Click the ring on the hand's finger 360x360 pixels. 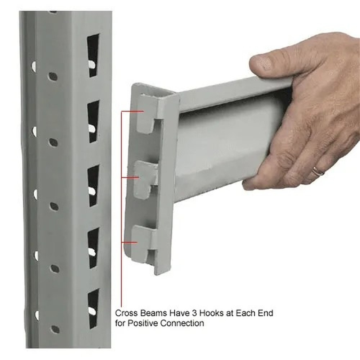click(x=318, y=171)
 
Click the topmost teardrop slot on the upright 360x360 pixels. click(x=93, y=55)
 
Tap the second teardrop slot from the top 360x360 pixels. click(x=93, y=121)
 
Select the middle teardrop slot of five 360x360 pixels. click(x=93, y=185)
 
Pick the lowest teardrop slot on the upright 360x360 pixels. click(x=93, y=308)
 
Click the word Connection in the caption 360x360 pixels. click(x=182, y=323)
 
